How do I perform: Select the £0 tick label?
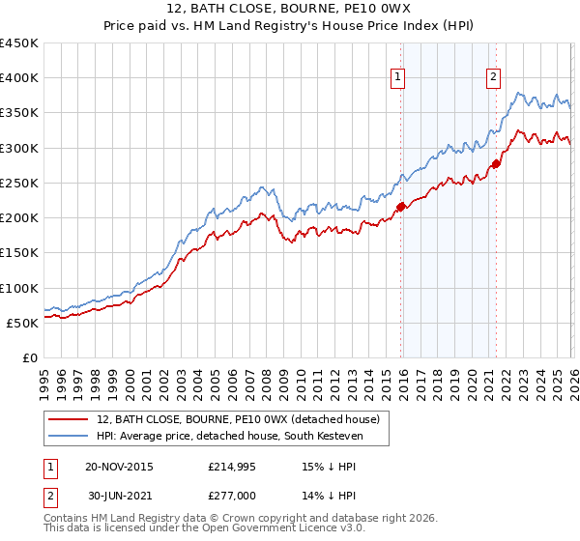[30, 357]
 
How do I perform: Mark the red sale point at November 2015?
[400, 207]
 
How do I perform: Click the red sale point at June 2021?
[496, 163]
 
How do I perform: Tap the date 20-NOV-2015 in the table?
[119, 466]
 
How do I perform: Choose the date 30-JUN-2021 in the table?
[119, 495]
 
